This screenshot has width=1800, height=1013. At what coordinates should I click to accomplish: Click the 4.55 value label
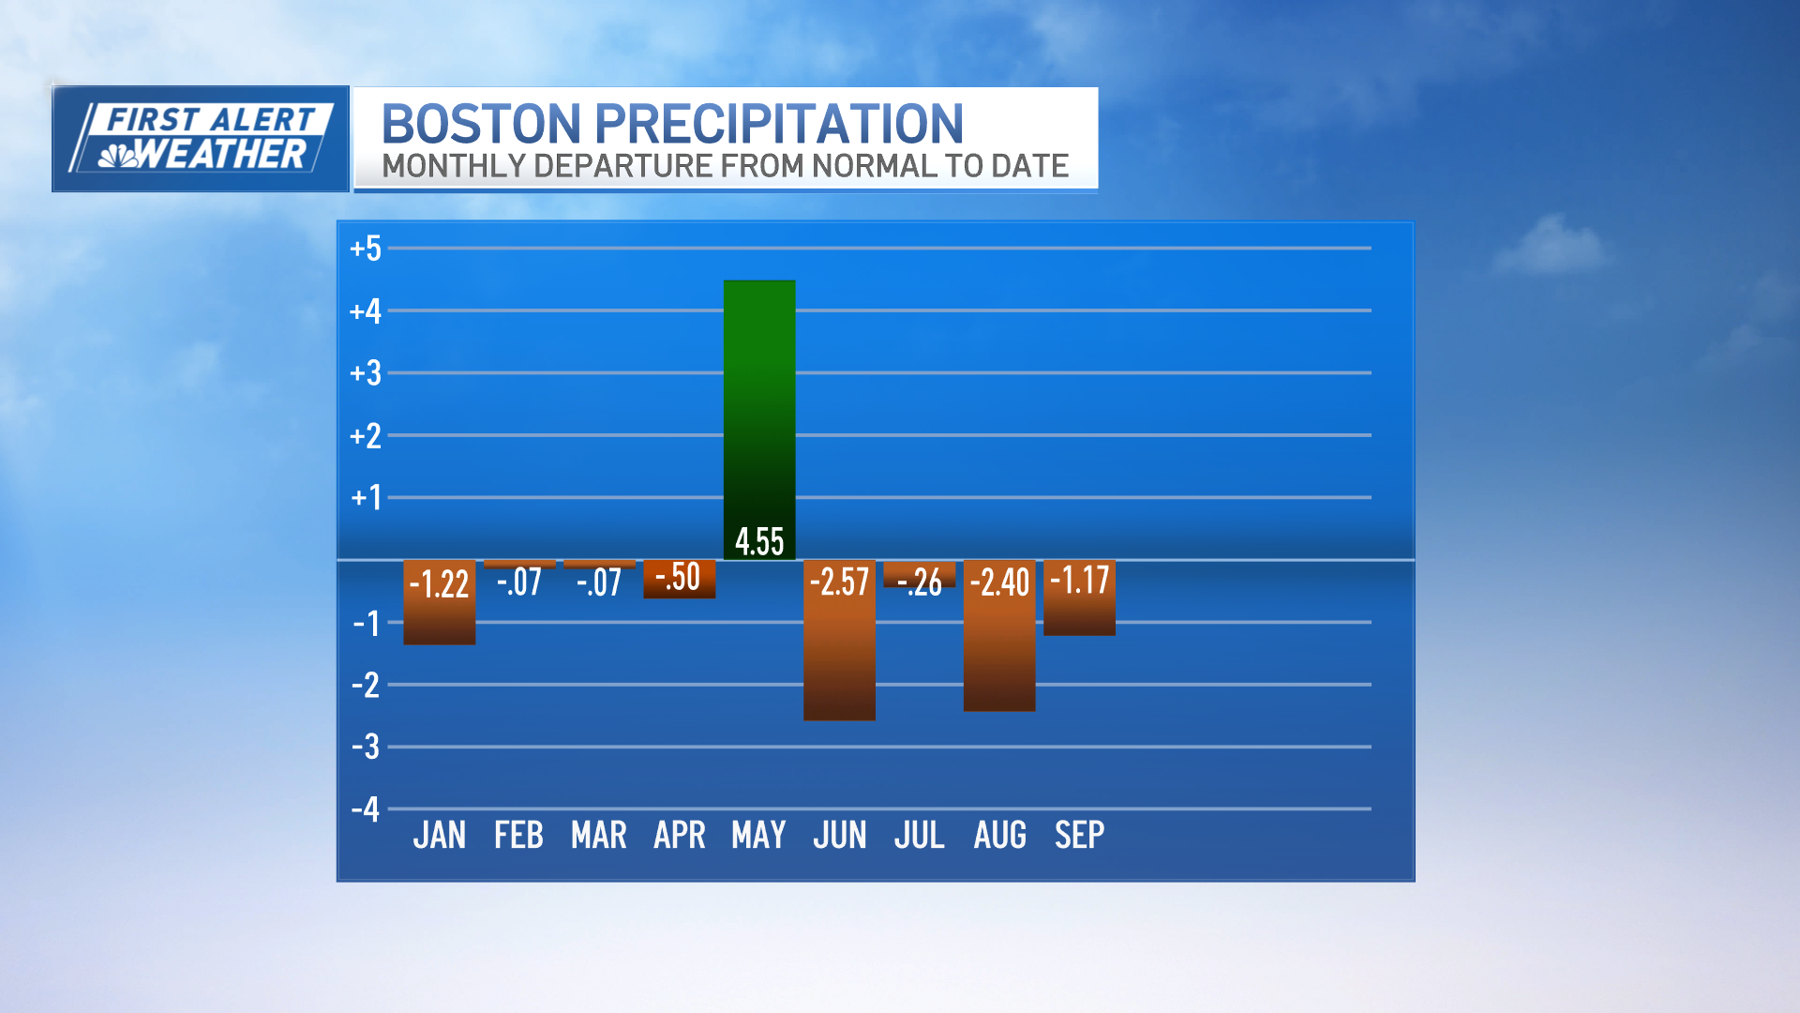759,541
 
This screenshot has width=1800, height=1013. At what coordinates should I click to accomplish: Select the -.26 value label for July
920,582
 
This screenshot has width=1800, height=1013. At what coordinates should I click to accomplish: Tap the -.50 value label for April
678,577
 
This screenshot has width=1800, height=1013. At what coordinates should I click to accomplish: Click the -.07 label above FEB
519,582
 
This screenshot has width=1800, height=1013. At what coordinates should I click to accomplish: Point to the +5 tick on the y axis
366,249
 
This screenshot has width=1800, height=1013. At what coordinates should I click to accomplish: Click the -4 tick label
366,809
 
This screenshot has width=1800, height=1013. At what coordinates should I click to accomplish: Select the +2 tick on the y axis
366,435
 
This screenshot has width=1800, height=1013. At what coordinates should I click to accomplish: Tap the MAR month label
599,835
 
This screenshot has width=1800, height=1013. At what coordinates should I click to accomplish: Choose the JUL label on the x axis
919,835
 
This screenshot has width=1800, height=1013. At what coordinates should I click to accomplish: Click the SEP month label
1079,835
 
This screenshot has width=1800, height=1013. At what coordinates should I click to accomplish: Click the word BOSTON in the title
482,124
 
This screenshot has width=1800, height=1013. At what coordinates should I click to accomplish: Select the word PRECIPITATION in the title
779,124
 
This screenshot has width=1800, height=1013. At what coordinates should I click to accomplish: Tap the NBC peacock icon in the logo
118,155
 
